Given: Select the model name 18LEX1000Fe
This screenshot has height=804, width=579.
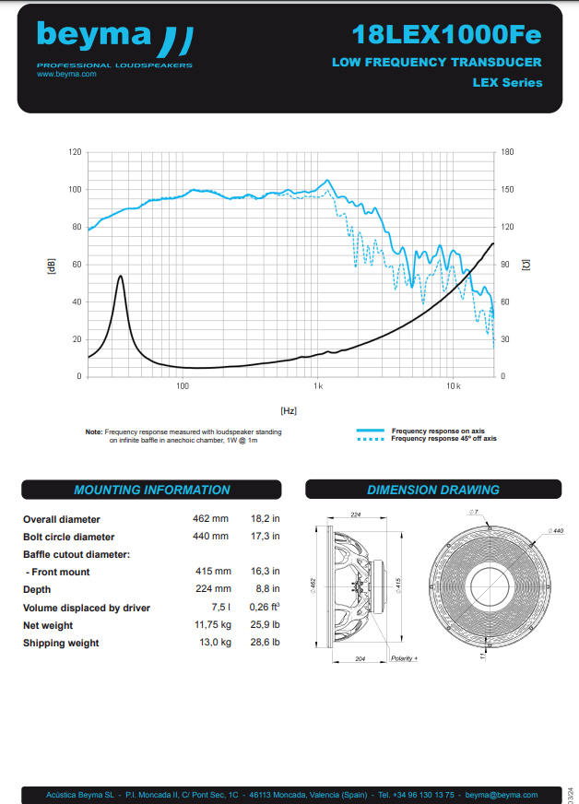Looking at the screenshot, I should tap(446, 35).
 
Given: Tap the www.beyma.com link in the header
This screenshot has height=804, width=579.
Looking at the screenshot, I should tap(66, 74).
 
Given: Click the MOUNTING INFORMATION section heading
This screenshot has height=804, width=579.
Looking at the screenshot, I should tap(152, 490).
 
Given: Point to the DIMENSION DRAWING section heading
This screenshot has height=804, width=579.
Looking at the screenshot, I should tap(433, 490).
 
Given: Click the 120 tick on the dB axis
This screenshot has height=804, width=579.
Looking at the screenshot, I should tap(76, 151).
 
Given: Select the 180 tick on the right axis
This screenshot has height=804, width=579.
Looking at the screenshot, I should tap(507, 151).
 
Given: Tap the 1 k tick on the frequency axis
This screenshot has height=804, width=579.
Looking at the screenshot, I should tap(318, 384).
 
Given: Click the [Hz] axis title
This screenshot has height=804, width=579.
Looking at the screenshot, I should tap(289, 409).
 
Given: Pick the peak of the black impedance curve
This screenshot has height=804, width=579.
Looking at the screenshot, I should tap(120, 276).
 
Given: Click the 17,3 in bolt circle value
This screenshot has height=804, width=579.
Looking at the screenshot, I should tap(265, 537).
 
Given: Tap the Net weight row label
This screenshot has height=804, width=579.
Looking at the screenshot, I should tap(48, 625).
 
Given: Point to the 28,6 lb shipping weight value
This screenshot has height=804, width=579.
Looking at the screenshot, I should tap(265, 643).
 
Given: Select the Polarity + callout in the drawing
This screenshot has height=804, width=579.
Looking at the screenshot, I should tap(404, 658).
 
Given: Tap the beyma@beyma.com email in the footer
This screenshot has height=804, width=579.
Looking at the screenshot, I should tap(502, 794).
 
